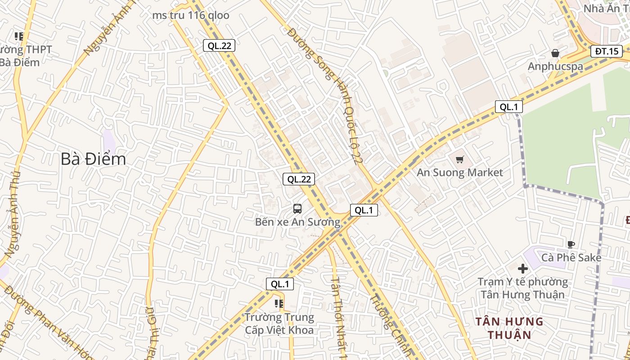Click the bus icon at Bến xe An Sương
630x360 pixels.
pos(297,208)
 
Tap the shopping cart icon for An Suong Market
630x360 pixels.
pos(459,159)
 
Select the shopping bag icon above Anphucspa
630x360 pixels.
pos(555,53)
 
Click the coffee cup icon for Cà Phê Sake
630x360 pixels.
pos(571,245)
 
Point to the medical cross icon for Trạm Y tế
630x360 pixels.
pos(522,269)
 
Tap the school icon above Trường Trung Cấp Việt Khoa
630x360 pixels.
pos(279,304)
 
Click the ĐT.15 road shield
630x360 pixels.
pos(606,51)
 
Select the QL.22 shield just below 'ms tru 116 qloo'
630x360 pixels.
pos(219,45)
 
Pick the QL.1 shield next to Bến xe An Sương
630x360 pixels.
pos(364,210)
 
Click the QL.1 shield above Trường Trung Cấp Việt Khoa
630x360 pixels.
pos(280,284)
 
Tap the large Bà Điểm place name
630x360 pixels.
pos(93,159)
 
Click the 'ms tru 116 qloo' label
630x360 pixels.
pos(190,15)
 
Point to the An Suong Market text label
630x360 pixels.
pos(459,172)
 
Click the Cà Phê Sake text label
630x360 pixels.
pos(571,257)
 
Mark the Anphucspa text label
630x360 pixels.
pos(555,67)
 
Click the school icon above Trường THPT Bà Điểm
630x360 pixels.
pos(18,36)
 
